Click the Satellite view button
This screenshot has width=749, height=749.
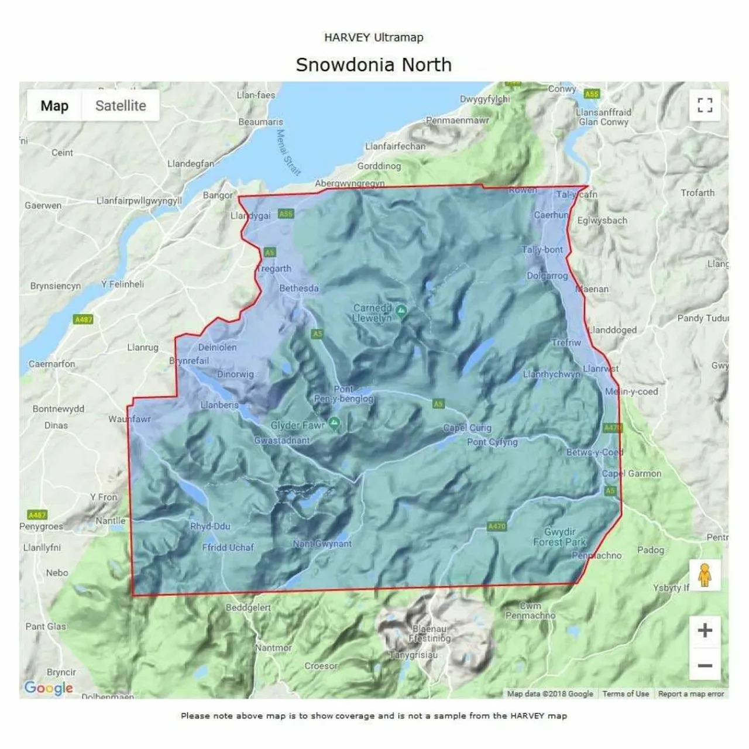121,106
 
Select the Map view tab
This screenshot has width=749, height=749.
54,106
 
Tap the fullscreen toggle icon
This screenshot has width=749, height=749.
705,105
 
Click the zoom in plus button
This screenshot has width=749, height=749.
705,631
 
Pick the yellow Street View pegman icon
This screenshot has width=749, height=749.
705,575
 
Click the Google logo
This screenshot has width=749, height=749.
49,688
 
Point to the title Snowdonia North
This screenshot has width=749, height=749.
373,64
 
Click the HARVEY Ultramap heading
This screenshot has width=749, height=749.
373,37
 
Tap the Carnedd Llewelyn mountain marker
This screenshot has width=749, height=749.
401,310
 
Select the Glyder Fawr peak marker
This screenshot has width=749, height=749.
334,424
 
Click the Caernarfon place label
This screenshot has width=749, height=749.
51,364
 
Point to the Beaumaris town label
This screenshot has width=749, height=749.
260,122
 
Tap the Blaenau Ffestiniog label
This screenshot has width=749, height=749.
430,634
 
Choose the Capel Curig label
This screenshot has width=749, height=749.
467,428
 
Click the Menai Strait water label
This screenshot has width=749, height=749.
288,152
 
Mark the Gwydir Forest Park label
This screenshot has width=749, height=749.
559,537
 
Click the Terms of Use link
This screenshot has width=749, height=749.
626,694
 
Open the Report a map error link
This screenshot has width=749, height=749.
691,694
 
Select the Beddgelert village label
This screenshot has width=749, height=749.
248,607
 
